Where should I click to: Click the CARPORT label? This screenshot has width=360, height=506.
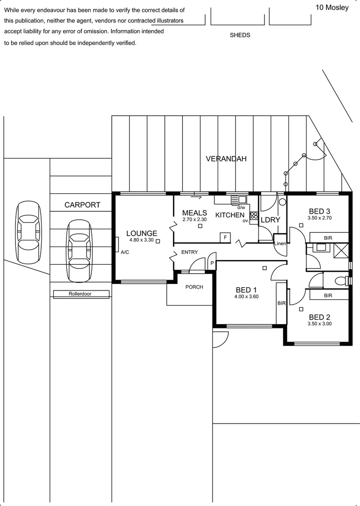pyautogui.click(x=82, y=205)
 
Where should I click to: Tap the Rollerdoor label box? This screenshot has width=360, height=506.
pyautogui.click(x=81, y=294)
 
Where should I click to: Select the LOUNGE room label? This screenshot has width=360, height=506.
pyautogui.click(x=142, y=233)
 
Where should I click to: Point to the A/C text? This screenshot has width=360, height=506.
pyautogui.click(x=125, y=253)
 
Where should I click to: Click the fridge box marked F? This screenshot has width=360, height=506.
pyautogui.click(x=225, y=238)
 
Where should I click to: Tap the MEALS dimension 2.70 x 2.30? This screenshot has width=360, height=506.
pyautogui.click(x=195, y=219)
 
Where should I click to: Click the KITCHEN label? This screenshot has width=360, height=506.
pyautogui.click(x=230, y=215)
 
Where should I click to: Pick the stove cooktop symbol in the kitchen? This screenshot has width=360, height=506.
pyautogui.click(x=254, y=215)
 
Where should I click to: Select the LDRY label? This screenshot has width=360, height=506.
pyautogui.click(x=270, y=220)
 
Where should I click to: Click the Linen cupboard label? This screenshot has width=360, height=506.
pyautogui.click(x=280, y=244)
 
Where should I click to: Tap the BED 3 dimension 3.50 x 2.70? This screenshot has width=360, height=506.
pyautogui.click(x=319, y=218)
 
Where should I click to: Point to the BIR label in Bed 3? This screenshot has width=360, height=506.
pyautogui.click(x=328, y=238)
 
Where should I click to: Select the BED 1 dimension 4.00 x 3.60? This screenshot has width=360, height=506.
pyautogui.click(x=246, y=297)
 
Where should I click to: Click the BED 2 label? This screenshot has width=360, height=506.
pyautogui.click(x=319, y=317)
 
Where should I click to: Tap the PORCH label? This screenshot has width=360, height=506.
pyautogui.click(x=194, y=287)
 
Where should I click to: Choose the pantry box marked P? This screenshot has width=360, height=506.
pyautogui.click(x=212, y=263)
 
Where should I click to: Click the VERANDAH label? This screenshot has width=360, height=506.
pyautogui.click(x=226, y=159)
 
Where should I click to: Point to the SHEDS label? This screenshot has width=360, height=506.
pyautogui.click(x=240, y=35)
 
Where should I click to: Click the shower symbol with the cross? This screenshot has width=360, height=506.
pyautogui.click(x=341, y=250)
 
